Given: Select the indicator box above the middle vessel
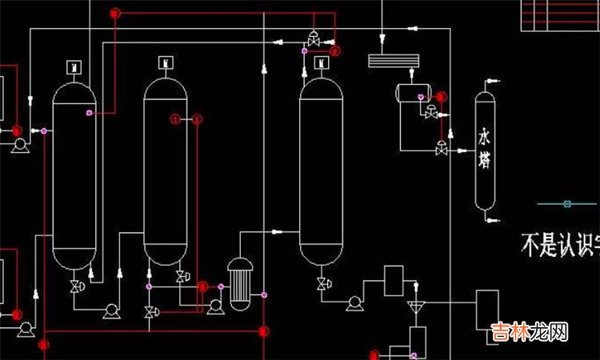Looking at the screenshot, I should pos(165,62).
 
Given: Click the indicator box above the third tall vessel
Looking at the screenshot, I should pos(322,62).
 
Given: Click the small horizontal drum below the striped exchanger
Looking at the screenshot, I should pos(414,93).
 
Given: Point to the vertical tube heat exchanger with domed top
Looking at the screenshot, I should pos(239,285).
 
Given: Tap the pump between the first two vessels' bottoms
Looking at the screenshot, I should pos(111,311).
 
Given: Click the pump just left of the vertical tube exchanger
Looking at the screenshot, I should pos(214,306).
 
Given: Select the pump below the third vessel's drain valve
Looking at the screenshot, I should pos(354,302).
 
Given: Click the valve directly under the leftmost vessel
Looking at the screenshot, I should pos(75,286).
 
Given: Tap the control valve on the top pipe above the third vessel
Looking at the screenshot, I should pos(313,37).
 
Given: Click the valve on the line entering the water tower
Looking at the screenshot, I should pos(441,149).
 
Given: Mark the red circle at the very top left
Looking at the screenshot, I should pos(115,13).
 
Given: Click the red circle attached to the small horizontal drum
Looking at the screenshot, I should pos(441,97).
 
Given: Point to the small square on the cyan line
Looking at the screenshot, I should pos(567,203).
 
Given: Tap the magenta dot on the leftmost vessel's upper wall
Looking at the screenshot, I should pos(90,113).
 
